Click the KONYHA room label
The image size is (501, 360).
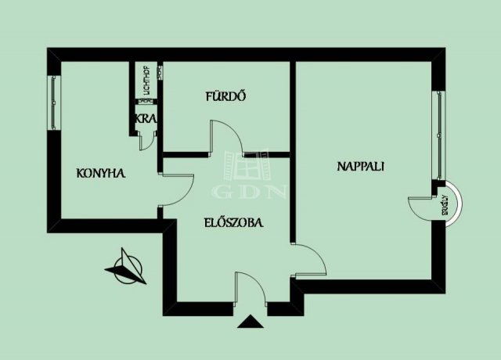(x=101, y=173)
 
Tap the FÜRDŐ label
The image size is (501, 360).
(x=226, y=98)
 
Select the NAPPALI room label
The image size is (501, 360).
(x=361, y=166)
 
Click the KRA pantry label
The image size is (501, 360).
(x=146, y=119)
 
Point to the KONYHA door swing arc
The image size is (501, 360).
(x=178, y=189)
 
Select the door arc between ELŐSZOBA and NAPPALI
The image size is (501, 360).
(x=311, y=259)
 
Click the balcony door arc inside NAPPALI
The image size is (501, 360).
(x=421, y=209)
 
